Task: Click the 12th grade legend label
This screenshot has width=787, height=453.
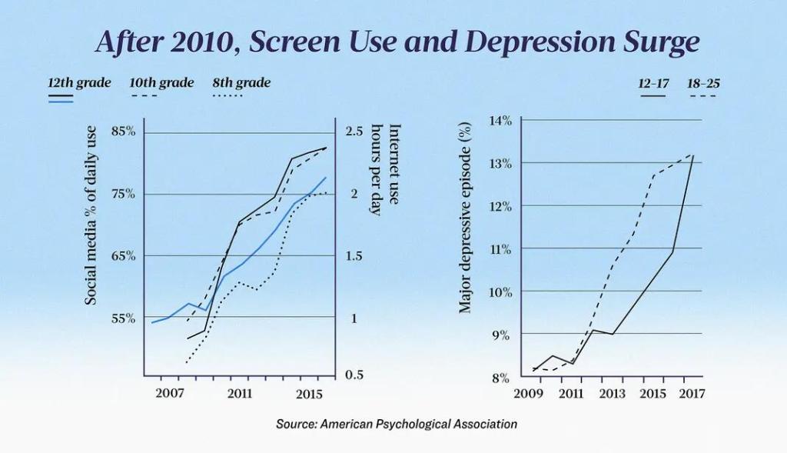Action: tap(79, 82)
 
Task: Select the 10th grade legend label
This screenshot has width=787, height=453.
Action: tap(161, 82)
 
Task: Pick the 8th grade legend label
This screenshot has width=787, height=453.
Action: tap(241, 82)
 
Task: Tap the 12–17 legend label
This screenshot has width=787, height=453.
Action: tap(654, 83)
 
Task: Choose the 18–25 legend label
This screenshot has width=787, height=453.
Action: tap(702, 83)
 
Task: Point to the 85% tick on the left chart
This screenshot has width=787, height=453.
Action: tap(123, 132)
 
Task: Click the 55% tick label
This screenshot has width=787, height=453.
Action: tap(123, 318)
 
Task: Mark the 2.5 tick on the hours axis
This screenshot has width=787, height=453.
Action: tap(354, 132)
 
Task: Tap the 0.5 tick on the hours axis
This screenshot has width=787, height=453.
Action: tap(354, 375)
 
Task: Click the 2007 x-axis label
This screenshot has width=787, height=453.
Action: tap(169, 394)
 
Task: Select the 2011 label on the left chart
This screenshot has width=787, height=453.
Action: tap(241, 394)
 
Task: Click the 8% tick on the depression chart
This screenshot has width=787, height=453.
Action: tap(502, 378)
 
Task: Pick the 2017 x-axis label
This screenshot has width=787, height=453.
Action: tap(692, 394)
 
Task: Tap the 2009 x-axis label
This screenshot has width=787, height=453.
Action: tap(530, 394)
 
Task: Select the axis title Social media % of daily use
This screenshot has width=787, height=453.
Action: tap(91, 215)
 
